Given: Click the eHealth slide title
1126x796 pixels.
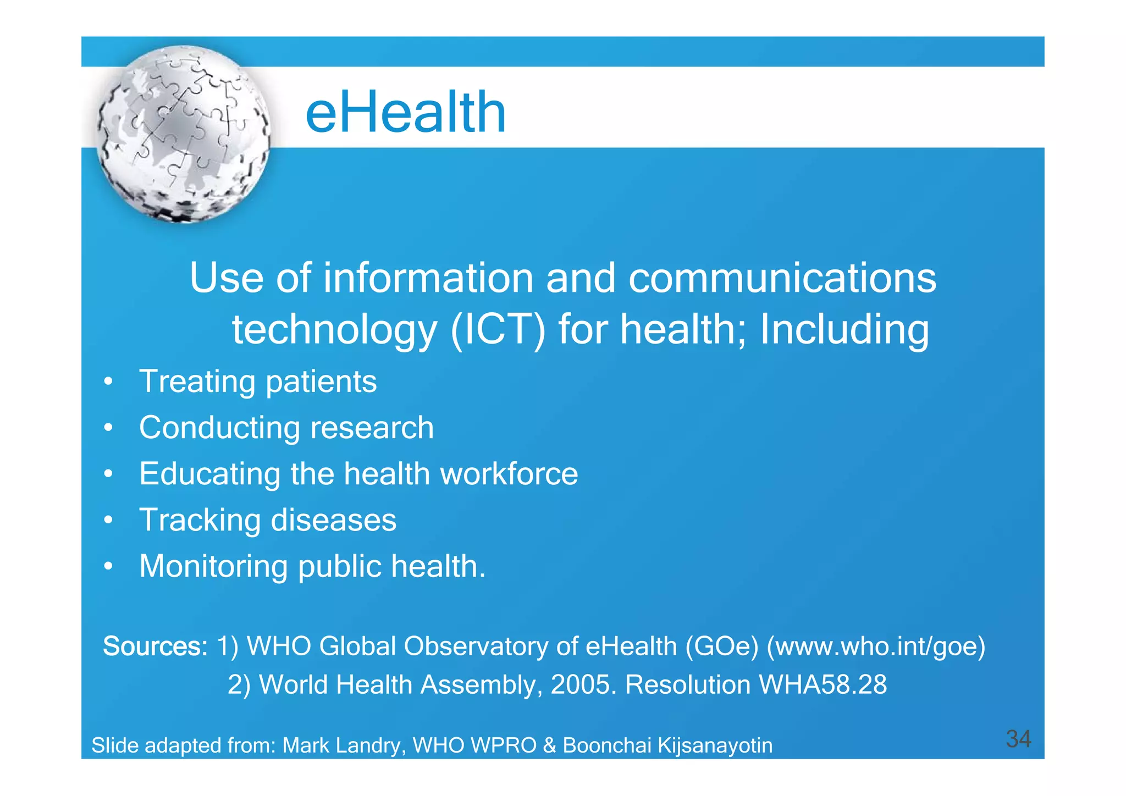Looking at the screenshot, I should pos(405,113).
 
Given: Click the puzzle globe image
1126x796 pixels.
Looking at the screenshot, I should pos(184,134).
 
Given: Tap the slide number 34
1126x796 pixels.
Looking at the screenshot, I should pos(1018,739).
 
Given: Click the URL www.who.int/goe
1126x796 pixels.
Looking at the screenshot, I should pos(876,646).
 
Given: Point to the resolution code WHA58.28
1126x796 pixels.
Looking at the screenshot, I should pos(822,685).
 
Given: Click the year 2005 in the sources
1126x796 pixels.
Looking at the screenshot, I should pos(580,685).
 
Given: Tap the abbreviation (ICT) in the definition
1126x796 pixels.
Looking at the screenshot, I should pos(498,330).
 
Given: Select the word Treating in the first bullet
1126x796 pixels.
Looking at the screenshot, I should pos(196,382).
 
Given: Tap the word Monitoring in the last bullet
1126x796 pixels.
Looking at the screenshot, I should pos(213,566).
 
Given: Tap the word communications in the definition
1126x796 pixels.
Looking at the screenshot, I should pos(782,278).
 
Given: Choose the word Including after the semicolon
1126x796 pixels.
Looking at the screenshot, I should pos(844,330).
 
